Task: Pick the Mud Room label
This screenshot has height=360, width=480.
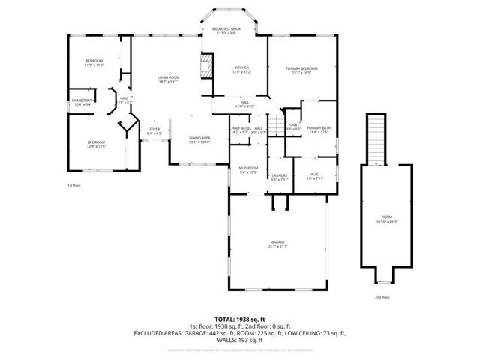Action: point(248,169)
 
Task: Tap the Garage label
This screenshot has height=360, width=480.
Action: point(279,244)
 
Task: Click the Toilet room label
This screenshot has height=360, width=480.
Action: point(293,127)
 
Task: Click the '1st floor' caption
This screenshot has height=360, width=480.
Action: point(73,185)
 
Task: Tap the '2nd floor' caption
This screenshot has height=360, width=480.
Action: point(382,297)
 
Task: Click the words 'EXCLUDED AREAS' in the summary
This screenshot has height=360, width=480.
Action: point(160,332)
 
